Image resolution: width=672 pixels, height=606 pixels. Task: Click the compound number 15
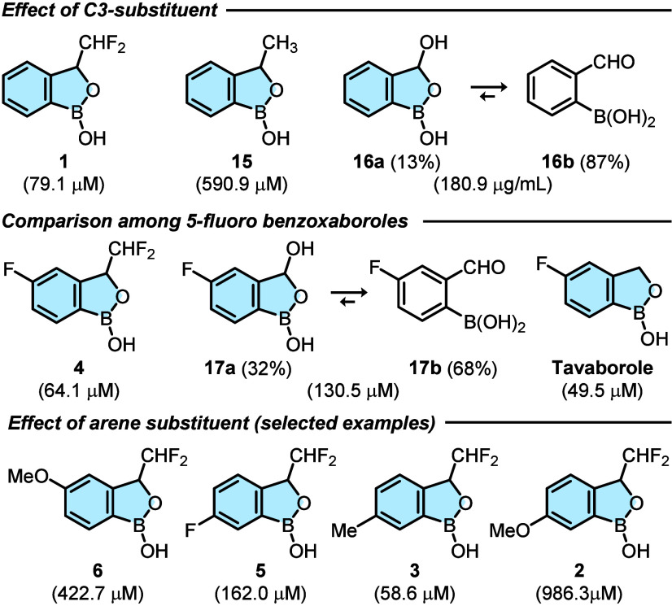pyautogui.click(x=242, y=162)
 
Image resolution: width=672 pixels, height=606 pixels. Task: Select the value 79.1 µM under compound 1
pyautogui.click(x=63, y=185)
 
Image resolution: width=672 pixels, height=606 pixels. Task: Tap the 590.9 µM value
pyautogui.click(x=242, y=185)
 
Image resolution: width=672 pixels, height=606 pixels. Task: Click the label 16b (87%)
pyautogui.click(x=585, y=162)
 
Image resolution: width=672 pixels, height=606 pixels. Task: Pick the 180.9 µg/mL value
pyautogui.click(x=493, y=185)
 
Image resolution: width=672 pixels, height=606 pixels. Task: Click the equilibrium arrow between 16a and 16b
pyautogui.click(x=489, y=92)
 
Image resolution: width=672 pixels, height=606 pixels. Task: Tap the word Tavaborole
pyautogui.click(x=603, y=368)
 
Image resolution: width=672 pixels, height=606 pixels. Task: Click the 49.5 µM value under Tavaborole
pyautogui.click(x=603, y=391)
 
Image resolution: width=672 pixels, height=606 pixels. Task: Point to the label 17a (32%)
pyautogui.click(x=248, y=368)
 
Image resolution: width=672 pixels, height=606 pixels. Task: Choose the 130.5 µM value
pyautogui.click(x=353, y=391)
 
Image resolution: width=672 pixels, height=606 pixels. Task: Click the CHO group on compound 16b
pyautogui.click(x=613, y=63)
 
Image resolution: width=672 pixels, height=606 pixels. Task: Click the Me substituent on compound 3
pyautogui.click(x=344, y=531)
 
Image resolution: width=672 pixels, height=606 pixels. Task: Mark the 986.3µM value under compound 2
pyautogui.click(x=578, y=594)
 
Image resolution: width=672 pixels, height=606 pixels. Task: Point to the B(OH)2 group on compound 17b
pyautogui.click(x=495, y=324)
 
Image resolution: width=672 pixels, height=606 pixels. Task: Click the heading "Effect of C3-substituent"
pyautogui.click(x=110, y=10)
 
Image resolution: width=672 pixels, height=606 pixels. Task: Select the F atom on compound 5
pyautogui.click(x=190, y=531)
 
